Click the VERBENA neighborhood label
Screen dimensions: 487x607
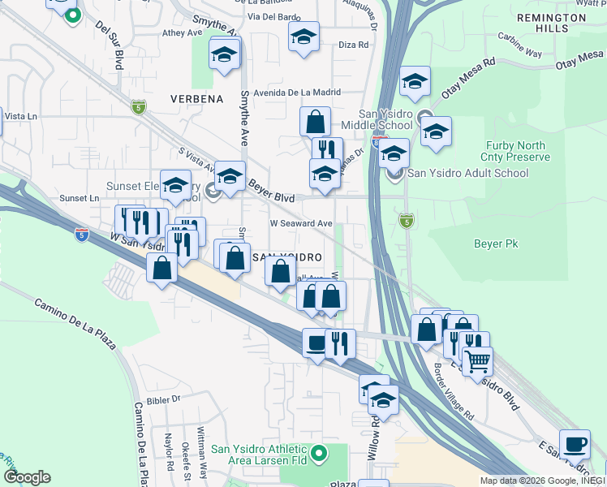[196, 98]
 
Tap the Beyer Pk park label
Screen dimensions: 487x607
[496, 243]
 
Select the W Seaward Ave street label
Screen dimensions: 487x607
[301, 223]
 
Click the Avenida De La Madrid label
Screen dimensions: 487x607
[290, 92]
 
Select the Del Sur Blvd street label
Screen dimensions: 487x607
[112, 48]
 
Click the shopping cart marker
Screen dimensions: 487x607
[478, 359]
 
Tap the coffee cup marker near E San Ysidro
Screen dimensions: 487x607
[575, 443]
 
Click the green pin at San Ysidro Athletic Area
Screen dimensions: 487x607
[319, 452]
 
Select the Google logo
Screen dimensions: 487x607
[27, 477]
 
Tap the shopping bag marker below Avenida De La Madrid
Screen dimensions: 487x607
[315, 122]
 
